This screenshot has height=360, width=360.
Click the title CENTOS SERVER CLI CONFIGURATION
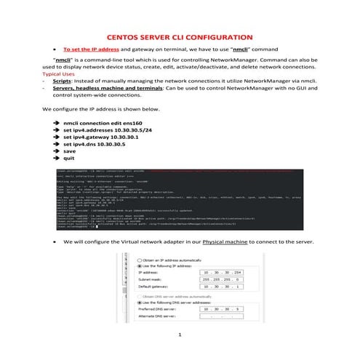pyautogui.click(x=180, y=36)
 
